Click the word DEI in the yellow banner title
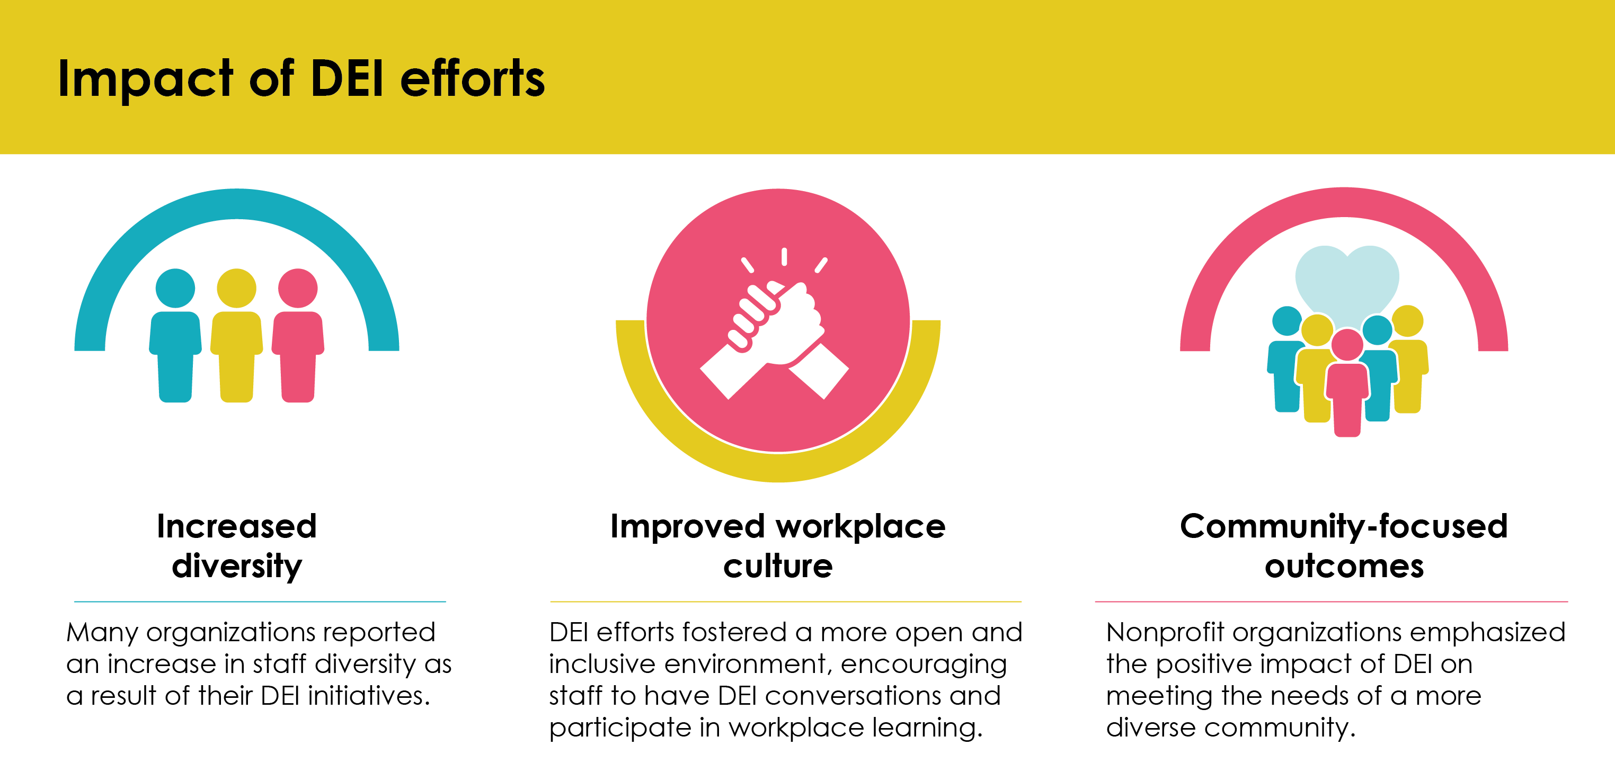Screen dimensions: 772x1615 347,79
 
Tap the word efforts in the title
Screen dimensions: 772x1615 472,79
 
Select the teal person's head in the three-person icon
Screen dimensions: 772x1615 175,288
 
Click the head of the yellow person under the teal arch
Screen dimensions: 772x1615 236,288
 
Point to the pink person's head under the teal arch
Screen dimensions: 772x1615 298,288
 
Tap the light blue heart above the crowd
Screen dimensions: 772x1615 1347,279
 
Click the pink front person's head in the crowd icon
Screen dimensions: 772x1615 1347,345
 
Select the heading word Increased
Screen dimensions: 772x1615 237,526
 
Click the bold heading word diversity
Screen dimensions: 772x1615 237,567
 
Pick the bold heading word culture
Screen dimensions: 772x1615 778,567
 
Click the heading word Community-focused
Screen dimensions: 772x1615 1344,526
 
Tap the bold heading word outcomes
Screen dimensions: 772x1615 1344,567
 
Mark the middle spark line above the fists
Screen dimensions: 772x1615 784,256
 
